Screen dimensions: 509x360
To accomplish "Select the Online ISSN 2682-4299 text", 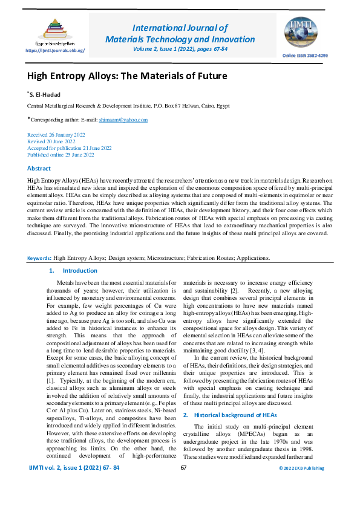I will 305,55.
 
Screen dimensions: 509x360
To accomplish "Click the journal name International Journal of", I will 180,28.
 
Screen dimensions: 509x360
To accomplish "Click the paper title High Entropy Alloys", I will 127,76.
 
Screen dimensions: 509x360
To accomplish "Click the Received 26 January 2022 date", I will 56,134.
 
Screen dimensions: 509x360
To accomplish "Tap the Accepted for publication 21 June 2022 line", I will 69,148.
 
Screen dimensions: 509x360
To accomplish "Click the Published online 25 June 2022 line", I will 61,155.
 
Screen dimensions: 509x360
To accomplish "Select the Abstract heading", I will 39,168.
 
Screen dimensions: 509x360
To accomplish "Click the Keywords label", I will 39,275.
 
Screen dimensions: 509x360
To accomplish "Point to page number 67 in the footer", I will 183,484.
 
